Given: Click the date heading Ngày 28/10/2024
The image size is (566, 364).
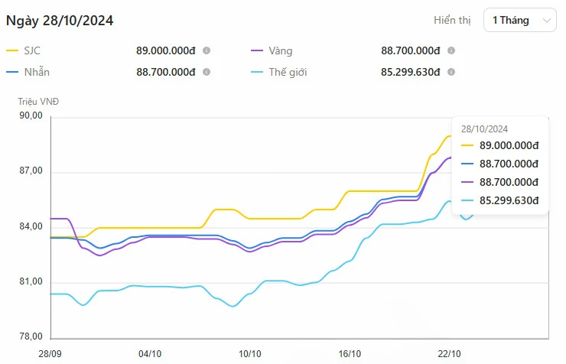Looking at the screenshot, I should coord(60,21).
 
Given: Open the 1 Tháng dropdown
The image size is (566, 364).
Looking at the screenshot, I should coord(520,21).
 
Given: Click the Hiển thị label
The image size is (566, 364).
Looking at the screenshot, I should coord(453,21).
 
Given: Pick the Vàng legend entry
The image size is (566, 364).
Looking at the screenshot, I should coord(280,50).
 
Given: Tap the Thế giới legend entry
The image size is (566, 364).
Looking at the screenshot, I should coord(288,72).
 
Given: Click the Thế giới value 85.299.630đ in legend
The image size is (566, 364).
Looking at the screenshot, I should coord(411,72).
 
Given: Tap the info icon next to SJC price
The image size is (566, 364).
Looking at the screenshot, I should coord(207,50).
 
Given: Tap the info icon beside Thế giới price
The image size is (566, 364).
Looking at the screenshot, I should coord(451,72).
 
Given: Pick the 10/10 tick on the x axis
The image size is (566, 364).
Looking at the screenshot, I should coord(250,353).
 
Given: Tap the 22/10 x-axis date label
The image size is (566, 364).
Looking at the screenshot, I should coord(449,353).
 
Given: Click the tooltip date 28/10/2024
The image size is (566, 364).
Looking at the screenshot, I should coord(485,129).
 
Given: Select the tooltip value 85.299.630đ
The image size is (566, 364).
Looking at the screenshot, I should coord(509,200).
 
